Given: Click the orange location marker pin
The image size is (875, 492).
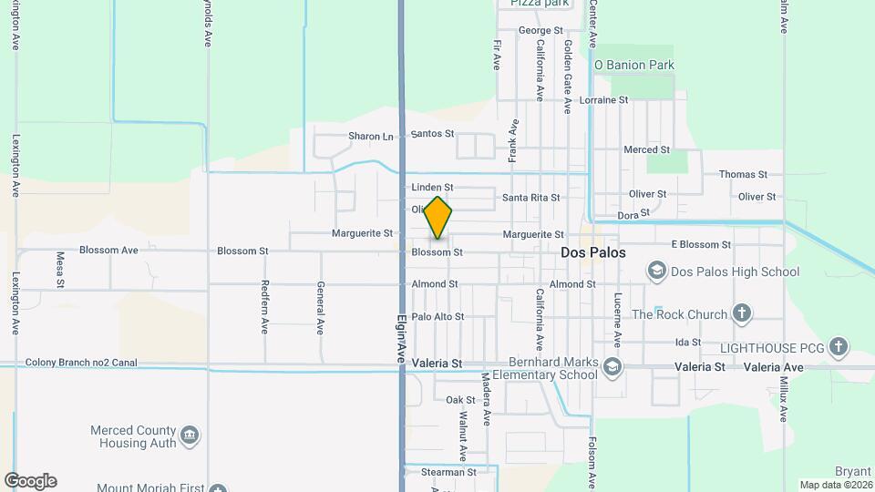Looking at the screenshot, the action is point(438,218).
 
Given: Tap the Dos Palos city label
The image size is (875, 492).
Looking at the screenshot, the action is point(593,252).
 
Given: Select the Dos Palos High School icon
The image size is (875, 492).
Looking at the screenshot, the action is point(656,271).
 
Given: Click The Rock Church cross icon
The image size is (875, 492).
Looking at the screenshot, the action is point(742,314).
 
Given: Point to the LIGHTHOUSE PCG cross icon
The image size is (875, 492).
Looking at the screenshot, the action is point(839,347).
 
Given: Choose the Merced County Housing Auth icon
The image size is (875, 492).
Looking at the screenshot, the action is point(190,436).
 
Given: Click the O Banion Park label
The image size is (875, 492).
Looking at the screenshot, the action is point(634,65).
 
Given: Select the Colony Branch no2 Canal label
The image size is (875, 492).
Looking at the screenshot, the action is point(81,363).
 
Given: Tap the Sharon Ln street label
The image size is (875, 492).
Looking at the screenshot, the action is point(371,137).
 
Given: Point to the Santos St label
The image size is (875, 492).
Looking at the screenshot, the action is point(432,134).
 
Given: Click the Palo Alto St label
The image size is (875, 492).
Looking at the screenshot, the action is point(437,317).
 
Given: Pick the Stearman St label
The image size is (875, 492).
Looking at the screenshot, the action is point(449,473).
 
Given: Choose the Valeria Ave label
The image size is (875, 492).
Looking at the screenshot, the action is point(774,366).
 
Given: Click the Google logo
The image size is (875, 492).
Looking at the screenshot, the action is point(30,481).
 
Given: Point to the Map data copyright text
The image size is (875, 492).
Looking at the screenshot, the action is point(836,485).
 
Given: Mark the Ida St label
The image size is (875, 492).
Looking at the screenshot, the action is point(687,343).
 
